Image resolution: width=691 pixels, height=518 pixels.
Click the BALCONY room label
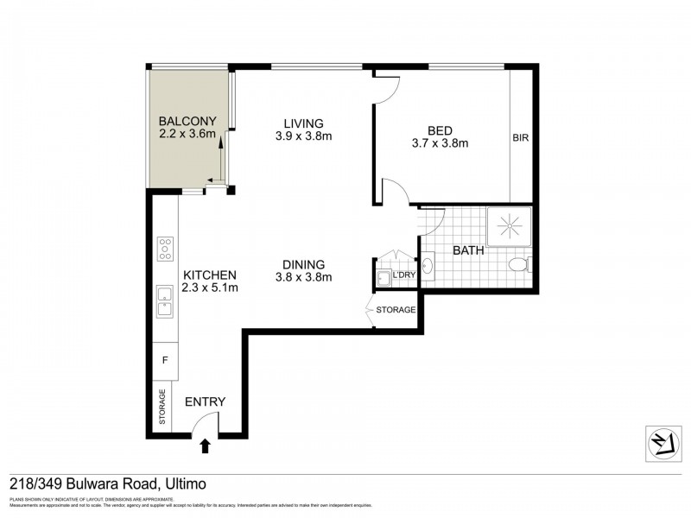click(187, 121)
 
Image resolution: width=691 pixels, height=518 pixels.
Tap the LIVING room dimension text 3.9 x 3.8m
click(303, 136)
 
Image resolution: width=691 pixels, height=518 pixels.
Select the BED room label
click(440, 130)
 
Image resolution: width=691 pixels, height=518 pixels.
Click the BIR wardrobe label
click(520, 137)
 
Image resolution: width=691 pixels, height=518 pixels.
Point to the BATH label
click(469, 251)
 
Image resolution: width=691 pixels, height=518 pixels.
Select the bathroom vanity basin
click(428, 266)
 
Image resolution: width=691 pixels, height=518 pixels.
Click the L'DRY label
click(404, 275)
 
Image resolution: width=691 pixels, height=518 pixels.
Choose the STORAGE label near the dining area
click(395, 309)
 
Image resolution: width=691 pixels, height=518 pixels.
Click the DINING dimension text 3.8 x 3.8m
click(303, 277)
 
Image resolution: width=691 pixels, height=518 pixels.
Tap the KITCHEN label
click(210, 275)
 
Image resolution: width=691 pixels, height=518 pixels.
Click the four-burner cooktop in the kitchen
click(165, 249)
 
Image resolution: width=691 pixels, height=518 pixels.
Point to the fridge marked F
click(165, 357)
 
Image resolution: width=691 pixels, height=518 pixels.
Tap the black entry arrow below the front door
click(206, 445)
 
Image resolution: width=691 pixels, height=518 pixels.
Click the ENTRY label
click(206, 401)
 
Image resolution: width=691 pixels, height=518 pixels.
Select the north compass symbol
click(661, 442)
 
